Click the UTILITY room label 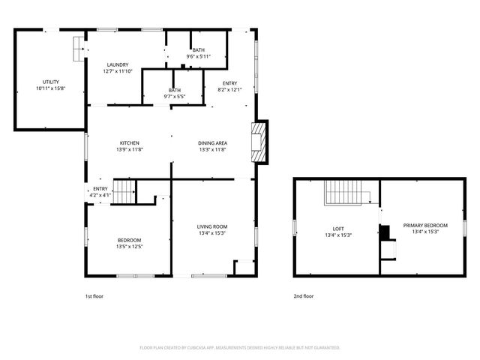tap(51, 82)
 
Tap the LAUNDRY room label tap(118, 64)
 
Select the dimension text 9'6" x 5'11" tap(199, 56)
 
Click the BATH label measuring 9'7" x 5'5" tap(174, 90)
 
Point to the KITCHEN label tap(130, 143)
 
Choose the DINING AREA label tap(213, 143)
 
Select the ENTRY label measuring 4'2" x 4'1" tap(100, 189)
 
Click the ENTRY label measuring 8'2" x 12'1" tap(230, 83)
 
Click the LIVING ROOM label tap(212, 226)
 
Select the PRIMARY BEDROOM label tap(425, 226)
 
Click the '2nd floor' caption tap(304, 296)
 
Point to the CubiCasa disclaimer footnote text tap(240, 348)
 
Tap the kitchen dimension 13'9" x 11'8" tap(130, 150)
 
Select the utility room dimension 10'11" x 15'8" tap(51, 88)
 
